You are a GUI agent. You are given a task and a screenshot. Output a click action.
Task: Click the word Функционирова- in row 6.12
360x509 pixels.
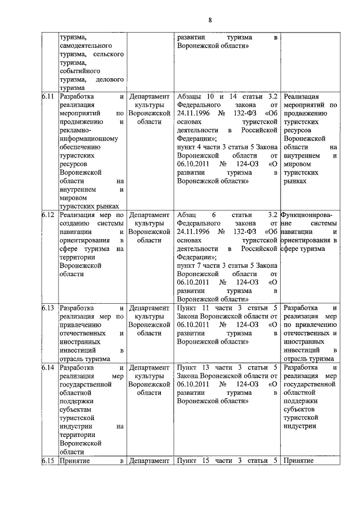(307, 214)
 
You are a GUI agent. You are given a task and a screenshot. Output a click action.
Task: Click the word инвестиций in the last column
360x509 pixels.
(303, 350)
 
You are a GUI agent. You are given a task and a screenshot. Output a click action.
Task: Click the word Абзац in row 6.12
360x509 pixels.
(187, 214)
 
